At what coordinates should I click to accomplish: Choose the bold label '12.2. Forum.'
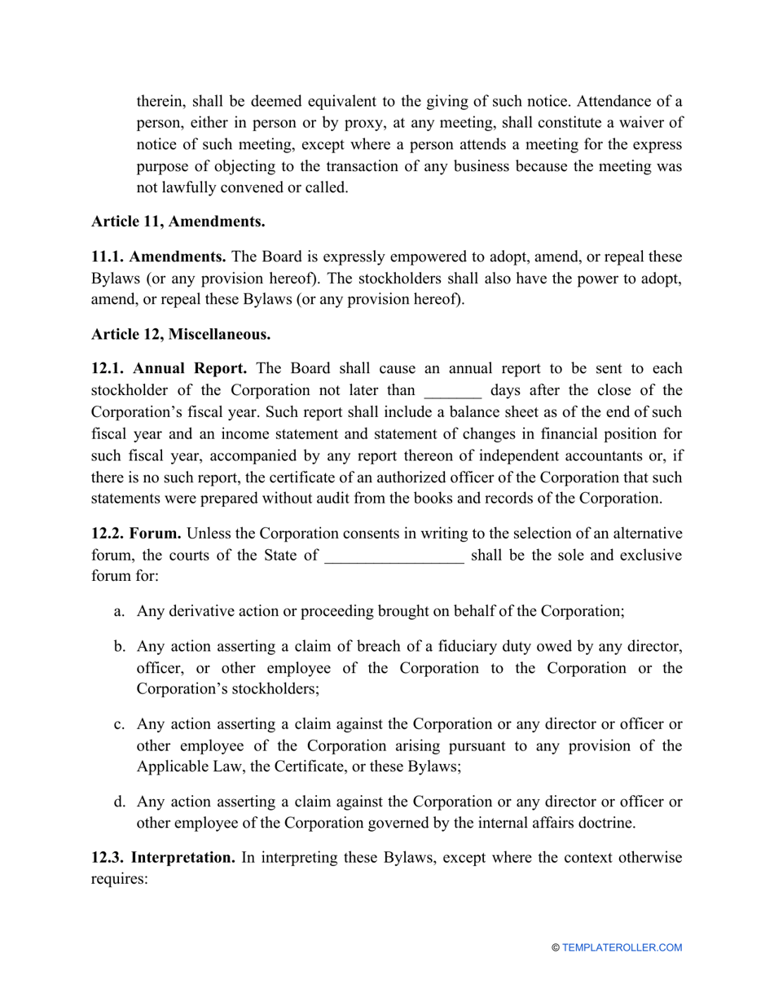136,534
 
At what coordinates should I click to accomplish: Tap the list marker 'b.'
120,646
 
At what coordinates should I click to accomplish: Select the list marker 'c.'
120,723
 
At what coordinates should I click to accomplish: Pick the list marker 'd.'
120,801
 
